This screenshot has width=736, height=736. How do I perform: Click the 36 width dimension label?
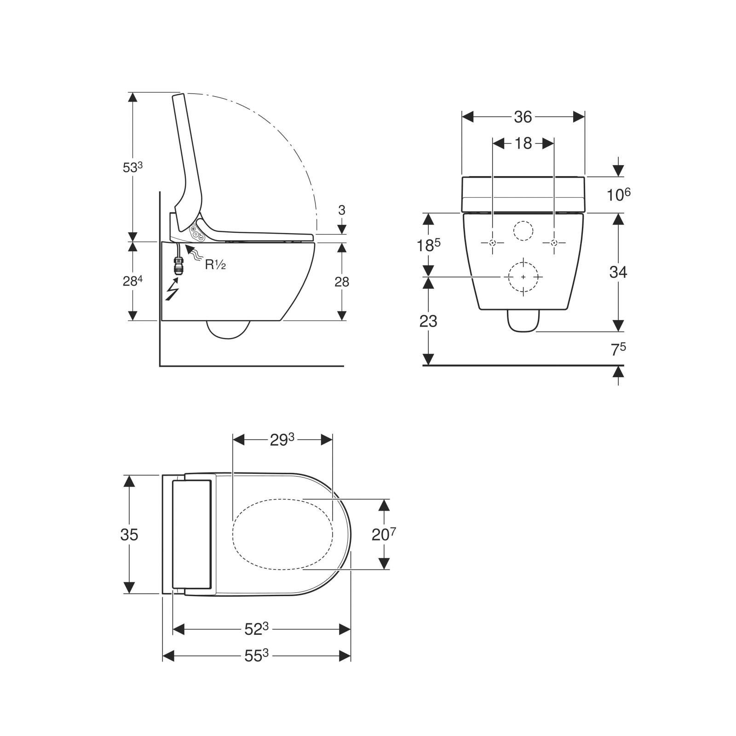point(523,117)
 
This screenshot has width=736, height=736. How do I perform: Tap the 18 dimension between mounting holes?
point(523,144)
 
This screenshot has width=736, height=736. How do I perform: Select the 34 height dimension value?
point(618,272)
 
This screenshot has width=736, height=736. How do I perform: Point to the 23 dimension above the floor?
point(428,321)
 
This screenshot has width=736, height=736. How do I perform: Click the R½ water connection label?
point(215,264)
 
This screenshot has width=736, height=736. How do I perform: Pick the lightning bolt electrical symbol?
point(172,290)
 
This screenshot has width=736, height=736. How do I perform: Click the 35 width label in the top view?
point(129,535)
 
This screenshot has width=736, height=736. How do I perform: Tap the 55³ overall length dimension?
point(256,655)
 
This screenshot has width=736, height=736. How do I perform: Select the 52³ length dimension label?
point(256,629)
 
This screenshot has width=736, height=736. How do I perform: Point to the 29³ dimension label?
point(282,440)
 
